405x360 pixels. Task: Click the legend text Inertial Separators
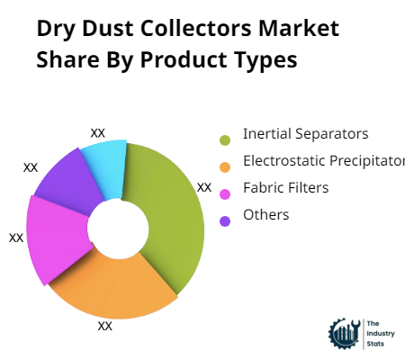click(305, 134)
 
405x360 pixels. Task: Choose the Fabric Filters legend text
click(285, 188)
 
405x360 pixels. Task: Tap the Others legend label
click(265, 215)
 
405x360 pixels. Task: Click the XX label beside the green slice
click(204, 187)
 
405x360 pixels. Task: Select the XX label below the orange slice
click(105, 326)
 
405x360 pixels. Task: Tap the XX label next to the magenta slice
click(15, 238)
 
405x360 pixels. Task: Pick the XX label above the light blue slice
click(98, 132)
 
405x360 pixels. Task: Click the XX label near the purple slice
click(31, 166)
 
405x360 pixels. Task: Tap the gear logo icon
click(344, 334)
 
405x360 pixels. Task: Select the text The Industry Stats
click(375, 333)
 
